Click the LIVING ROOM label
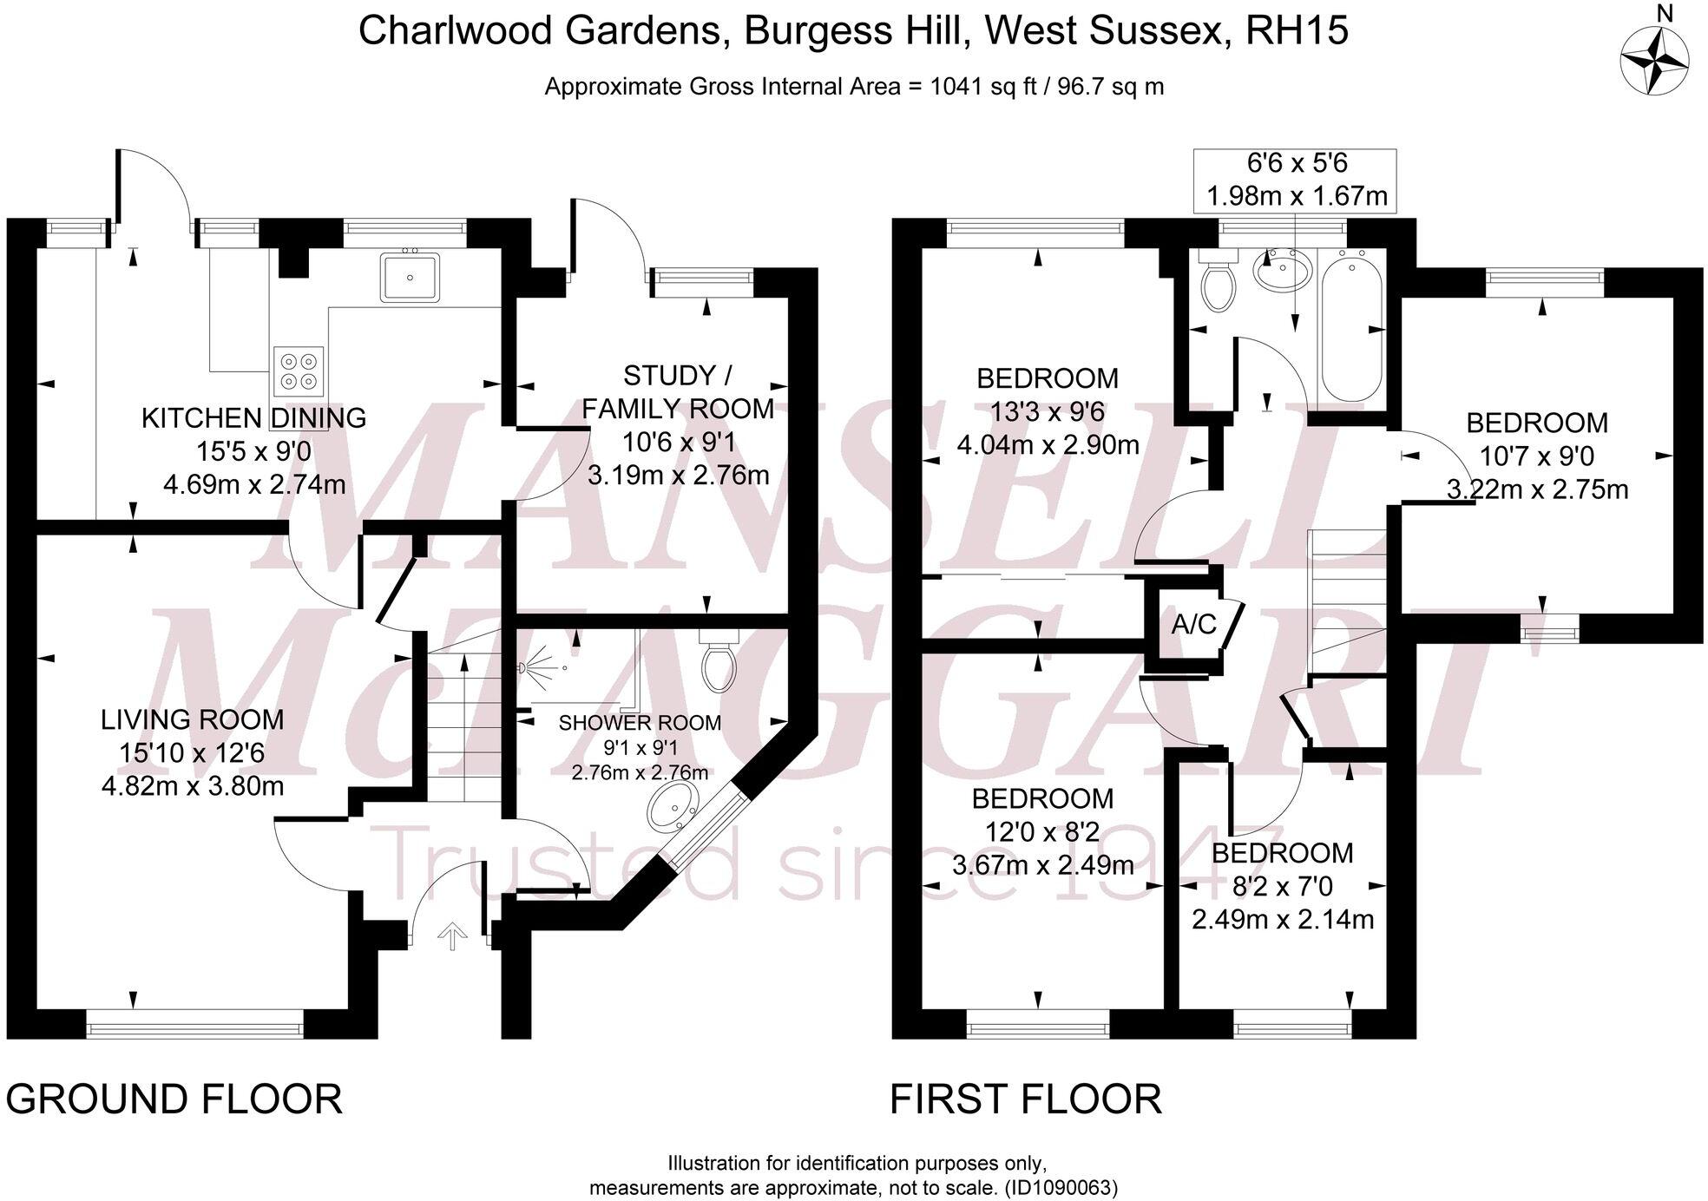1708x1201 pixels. point(193,719)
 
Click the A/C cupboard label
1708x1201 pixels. point(1194,624)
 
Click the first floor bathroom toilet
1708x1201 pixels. point(1217,279)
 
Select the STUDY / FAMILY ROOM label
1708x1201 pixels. point(678,392)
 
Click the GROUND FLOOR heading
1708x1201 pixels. point(174,1099)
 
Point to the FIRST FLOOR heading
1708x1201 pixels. point(1026,1099)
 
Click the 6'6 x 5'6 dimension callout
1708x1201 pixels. point(1296,180)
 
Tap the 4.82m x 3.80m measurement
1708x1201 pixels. point(193,786)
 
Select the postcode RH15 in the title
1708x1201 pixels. point(1297,31)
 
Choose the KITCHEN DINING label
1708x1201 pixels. point(254,417)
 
